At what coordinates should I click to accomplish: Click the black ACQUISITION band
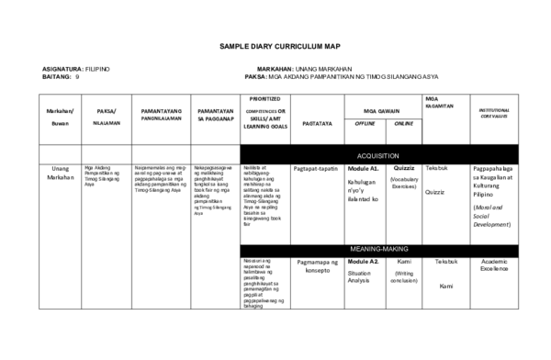(x=386, y=155)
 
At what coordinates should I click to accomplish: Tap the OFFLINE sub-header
(x=365, y=123)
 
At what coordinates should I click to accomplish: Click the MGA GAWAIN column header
(x=384, y=109)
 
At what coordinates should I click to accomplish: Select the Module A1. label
(x=364, y=170)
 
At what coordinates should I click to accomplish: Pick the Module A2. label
(x=364, y=263)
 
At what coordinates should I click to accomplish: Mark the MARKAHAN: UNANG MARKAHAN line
(x=307, y=69)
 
